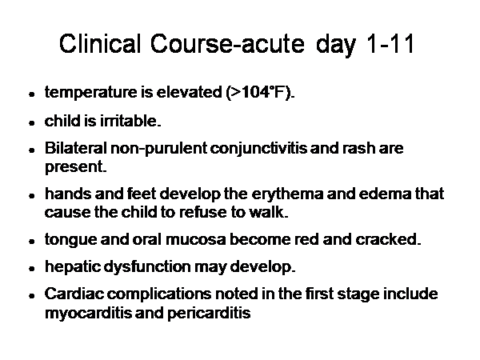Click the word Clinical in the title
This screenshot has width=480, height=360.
click(x=100, y=43)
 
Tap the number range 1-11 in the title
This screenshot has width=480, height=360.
click(x=390, y=43)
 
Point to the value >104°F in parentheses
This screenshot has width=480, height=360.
click(x=258, y=92)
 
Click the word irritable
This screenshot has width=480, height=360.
click(x=130, y=121)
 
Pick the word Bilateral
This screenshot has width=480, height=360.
click(x=76, y=148)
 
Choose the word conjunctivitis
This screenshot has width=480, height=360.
click(x=258, y=148)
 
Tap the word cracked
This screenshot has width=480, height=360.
click(x=388, y=239)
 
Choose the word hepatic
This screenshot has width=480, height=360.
click(x=73, y=266)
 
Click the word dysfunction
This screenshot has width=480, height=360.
click(x=147, y=266)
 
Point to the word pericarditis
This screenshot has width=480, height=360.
click(x=209, y=313)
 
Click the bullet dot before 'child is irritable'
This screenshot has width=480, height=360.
click(x=31, y=123)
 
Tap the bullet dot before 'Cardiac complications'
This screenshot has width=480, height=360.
click(x=31, y=296)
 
